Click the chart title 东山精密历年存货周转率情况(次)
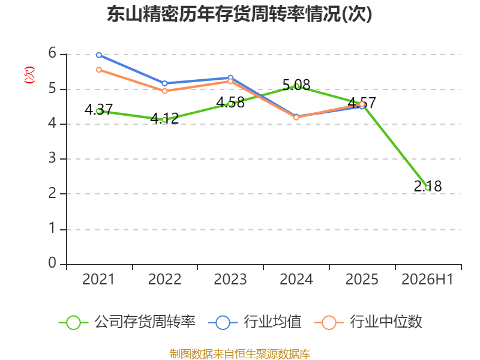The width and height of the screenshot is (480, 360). [239, 14]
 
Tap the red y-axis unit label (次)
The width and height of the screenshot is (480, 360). [29, 75]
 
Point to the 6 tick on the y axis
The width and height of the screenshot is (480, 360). [52, 53]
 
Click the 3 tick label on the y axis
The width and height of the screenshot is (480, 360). [52, 158]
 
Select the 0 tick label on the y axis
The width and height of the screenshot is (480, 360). [52, 263]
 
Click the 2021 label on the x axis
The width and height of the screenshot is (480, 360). [98, 280]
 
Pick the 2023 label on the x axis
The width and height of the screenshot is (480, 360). [230, 280]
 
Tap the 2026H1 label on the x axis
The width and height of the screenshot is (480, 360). [427, 280]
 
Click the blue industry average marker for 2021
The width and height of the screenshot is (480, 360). [99, 55]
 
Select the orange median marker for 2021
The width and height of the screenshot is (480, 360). [99, 70]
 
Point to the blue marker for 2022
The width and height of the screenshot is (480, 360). [164, 83]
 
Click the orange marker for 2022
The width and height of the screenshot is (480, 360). [164, 91]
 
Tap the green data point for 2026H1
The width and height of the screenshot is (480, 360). [428, 187]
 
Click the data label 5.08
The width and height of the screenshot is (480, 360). [296, 85]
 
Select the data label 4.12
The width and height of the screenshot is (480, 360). [164, 118]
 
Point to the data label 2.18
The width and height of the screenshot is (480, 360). [428, 186]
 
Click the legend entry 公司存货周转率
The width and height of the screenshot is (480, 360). [127, 322]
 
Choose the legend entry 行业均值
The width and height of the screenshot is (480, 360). [254, 322]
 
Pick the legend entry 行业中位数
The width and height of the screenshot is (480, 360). [368, 322]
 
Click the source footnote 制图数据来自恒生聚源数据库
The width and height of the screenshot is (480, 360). [240, 354]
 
